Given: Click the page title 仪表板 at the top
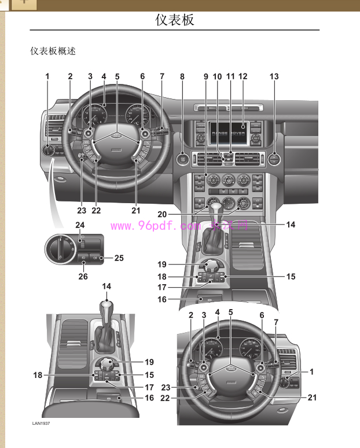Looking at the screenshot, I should pos(175,20).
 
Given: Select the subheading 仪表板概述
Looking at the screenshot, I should pos(53,51).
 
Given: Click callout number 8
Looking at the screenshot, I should pos(182,76).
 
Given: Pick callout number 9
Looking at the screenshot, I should pos(205,76).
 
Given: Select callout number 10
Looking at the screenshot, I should pos(217,76).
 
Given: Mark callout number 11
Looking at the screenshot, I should pos(230,76).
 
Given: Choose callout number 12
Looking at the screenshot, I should pos(243,76).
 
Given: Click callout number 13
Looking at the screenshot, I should pos(274,76).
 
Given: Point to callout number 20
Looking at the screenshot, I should pos(162,214).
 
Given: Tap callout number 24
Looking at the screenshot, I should pos(64,225).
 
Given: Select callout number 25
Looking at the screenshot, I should pos(119,258).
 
